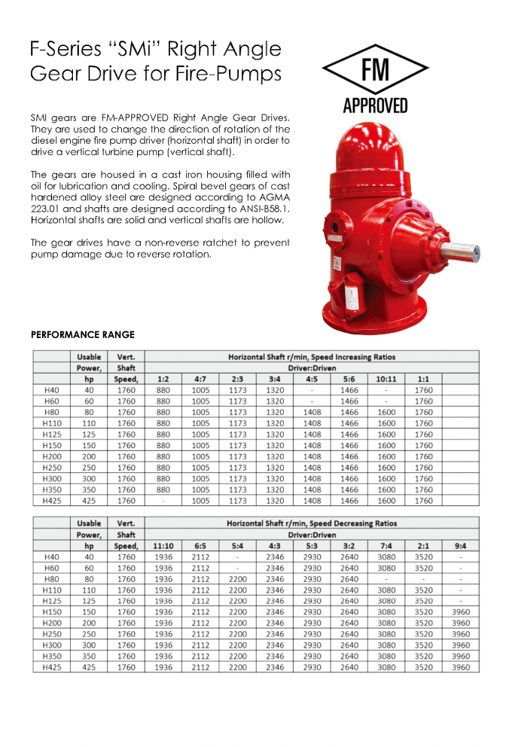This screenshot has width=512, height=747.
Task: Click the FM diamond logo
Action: pyautogui.click(x=375, y=69)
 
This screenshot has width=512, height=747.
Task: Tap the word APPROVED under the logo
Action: pyautogui.click(x=375, y=105)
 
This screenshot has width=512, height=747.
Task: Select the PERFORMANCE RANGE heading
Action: pyautogui.click(x=83, y=334)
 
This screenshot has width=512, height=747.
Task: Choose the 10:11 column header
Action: pyautogui.click(x=386, y=380)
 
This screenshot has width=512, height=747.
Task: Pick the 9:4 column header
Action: pyautogui.click(x=460, y=546)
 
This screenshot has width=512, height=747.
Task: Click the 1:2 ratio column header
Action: pyautogui.click(x=163, y=380)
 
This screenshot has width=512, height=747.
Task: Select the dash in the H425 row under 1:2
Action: pyautogui.click(x=163, y=501)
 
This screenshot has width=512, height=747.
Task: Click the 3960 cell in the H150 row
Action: pyautogui.click(x=460, y=612)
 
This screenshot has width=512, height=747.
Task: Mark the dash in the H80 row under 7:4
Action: pyautogui.click(x=386, y=579)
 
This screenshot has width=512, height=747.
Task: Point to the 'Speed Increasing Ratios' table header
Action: pyautogui.click(x=312, y=357)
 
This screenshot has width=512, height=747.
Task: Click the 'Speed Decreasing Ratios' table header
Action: pyautogui.click(x=312, y=523)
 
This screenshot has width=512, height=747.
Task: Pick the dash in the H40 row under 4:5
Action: pyautogui.click(x=312, y=390)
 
